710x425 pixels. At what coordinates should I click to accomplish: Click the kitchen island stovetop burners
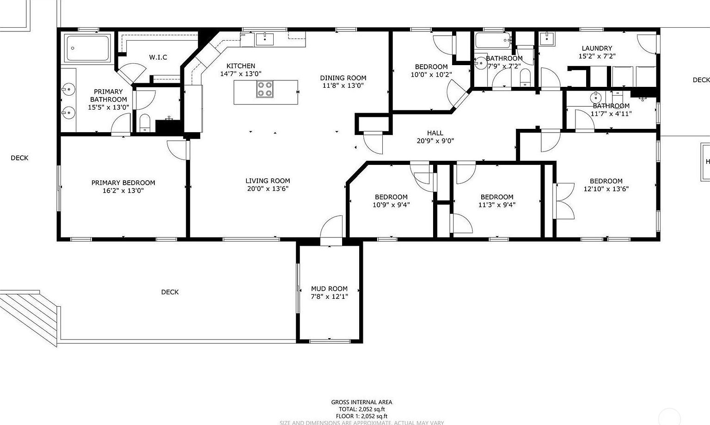pos(265,89)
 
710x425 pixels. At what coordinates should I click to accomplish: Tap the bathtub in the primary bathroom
pos(88,48)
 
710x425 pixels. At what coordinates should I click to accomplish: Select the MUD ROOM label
pos(329,289)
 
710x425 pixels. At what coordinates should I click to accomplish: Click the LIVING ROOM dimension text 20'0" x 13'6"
pos(268,188)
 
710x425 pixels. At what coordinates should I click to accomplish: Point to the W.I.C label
pos(158,57)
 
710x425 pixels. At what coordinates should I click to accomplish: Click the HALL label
pos(435,133)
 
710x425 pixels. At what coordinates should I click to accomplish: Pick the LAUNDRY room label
pos(597,48)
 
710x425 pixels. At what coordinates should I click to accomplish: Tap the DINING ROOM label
pos(343,78)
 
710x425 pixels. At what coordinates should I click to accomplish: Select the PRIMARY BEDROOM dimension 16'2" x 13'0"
pos(123,190)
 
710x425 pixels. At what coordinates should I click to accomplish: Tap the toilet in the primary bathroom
pos(145,123)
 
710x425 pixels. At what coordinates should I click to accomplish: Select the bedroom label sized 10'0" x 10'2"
pos(431,67)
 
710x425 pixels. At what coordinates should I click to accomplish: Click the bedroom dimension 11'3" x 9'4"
pos(497,205)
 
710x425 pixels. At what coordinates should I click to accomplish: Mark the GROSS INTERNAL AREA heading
pos(361,402)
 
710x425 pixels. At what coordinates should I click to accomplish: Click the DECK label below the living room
pos(170,292)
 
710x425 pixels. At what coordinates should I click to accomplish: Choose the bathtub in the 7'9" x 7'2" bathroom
pos(492,41)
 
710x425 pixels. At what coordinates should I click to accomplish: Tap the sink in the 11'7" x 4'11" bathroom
pos(597,97)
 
